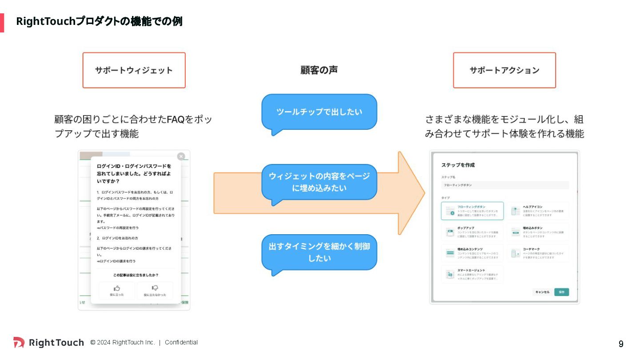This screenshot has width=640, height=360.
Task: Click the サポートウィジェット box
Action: [x=134, y=70]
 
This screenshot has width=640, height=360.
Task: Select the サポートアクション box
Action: [x=504, y=70]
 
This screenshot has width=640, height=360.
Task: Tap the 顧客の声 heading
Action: [x=319, y=70]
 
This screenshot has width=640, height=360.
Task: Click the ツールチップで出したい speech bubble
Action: [x=319, y=112]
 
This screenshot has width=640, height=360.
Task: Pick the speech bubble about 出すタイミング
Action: [x=319, y=252]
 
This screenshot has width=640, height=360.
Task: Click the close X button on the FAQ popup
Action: [x=181, y=156]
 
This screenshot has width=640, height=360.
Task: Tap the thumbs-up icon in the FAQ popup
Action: [x=117, y=288]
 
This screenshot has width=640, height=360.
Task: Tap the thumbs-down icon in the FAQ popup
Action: [x=155, y=288]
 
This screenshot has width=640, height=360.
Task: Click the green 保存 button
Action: [x=561, y=292]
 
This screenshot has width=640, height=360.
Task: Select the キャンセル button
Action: [x=542, y=292]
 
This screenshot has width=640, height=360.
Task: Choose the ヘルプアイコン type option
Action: [x=538, y=211]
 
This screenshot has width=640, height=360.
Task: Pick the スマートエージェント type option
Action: [x=472, y=274]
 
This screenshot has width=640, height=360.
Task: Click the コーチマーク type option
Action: [x=538, y=253]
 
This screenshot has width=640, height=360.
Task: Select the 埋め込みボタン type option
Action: [x=538, y=232]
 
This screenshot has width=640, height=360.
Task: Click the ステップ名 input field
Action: [x=504, y=185]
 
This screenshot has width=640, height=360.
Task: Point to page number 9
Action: [x=621, y=344]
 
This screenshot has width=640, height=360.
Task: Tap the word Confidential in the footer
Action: [x=181, y=342]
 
